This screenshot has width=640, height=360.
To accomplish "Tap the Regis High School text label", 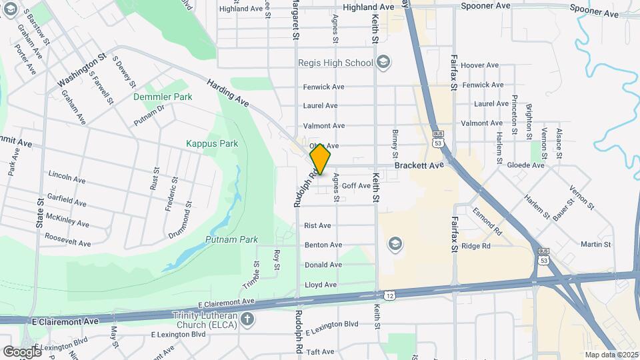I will click(x=335, y=63).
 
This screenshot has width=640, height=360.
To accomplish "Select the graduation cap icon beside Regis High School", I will click(x=383, y=63).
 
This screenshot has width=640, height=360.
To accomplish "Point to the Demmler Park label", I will click(x=163, y=97).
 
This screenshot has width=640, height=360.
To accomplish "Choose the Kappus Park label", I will click(x=212, y=143).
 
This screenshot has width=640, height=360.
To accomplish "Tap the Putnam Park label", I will click(x=222, y=239).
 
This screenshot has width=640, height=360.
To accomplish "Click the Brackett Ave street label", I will click(x=419, y=165).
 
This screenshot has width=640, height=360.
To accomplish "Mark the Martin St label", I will click(x=596, y=245).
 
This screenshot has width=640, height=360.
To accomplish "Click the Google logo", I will click(x=22, y=351).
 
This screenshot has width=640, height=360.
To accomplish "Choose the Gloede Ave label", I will click(x=526, y=165).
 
